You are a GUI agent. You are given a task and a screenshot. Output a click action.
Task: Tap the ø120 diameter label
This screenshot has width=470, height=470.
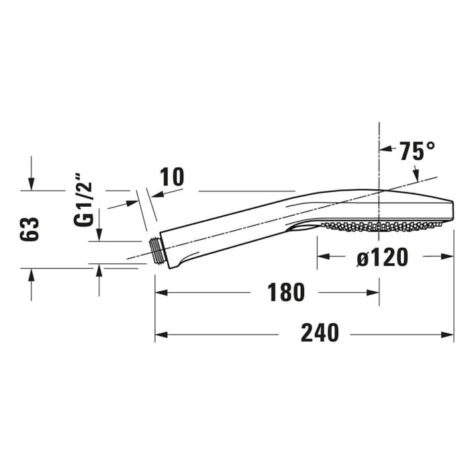coord(382,256)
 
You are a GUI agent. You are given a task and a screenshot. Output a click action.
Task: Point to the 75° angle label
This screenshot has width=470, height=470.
coord(416,151)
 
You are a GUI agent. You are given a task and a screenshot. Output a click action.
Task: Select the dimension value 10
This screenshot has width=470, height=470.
coord(172,177)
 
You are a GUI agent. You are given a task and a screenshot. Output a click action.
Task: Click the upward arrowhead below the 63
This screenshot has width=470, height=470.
coord(31,274)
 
